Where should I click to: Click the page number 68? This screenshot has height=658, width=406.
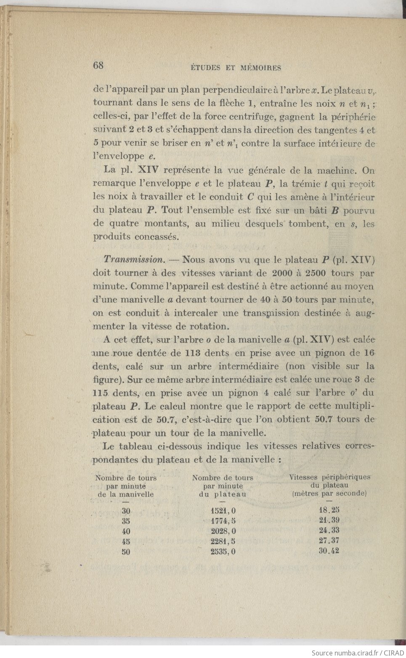coord(98,66)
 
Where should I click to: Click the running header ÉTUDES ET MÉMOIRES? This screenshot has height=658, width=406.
coord(236,68)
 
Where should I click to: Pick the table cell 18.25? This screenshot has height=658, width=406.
coord(329,510)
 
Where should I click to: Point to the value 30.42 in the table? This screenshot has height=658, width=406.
coord(329,551)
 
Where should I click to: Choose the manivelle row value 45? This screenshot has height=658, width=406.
coord(126,542)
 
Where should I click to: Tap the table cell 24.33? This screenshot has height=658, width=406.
coord(329,530)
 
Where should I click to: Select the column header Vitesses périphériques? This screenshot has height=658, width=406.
coord(330,477)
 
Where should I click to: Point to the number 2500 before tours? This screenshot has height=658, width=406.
coord(314,273)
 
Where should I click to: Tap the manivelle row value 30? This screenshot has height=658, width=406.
coord(126,511)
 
